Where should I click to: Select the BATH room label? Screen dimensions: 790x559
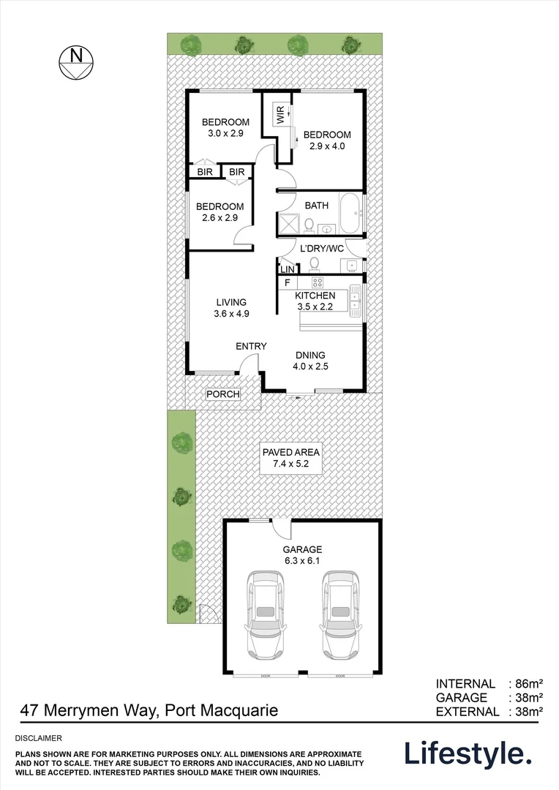tap(317, 206)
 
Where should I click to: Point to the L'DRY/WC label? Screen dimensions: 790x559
tap(322, 249)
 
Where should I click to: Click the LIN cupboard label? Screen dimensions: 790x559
tap(287, 269)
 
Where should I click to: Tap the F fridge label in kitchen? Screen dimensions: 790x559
tap(288, 282)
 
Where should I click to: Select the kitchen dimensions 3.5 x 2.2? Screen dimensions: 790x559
tap(315, 307)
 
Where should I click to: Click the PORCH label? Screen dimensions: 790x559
tap(223, 394)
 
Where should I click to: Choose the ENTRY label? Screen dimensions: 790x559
tap(251, 346)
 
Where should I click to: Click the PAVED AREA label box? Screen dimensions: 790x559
tap(291, 458)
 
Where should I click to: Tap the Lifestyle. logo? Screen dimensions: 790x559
tap(468, 753)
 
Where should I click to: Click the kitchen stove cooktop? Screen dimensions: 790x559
tap(317, 282)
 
